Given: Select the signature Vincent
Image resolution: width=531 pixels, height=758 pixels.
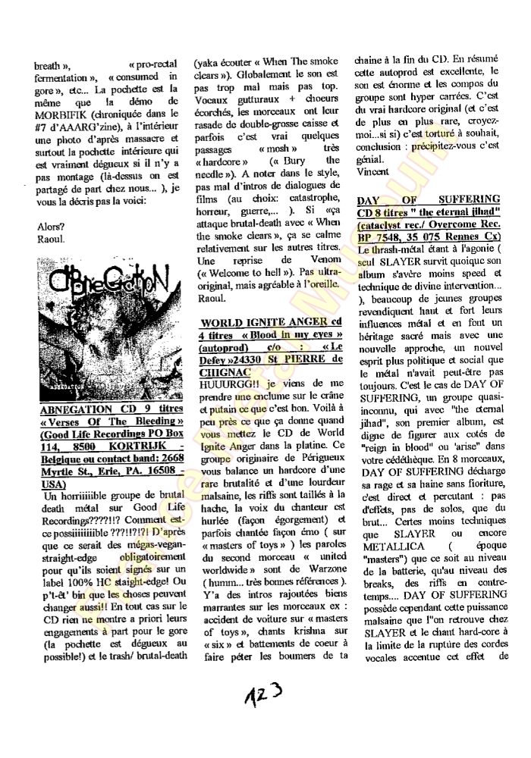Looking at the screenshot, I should [372, 172].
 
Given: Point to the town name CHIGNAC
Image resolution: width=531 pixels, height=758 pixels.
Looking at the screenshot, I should [223, 373].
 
